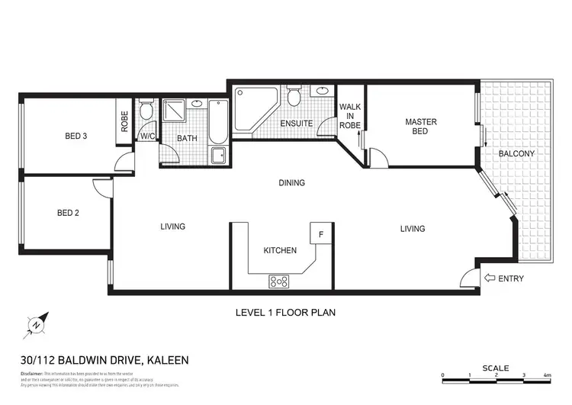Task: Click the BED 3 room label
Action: (75, 137)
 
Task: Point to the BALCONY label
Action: (516, 153)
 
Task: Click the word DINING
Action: (291, 183)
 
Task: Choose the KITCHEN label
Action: (279, 250)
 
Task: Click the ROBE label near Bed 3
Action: (124, 121)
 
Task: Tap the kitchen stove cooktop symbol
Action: (279, 281)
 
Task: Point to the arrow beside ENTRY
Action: (489, 278)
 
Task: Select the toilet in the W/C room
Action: (146, 112)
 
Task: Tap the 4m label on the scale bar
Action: (548, 375)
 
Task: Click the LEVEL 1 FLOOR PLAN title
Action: (285, 313)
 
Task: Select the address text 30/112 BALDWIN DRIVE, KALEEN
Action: (104, 360)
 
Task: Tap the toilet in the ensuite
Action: (294, 96)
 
